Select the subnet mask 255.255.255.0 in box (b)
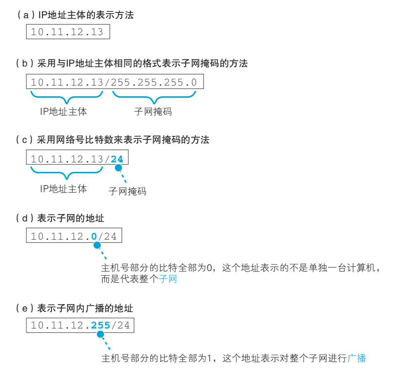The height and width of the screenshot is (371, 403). (154, 82)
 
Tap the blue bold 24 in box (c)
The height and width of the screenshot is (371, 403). (117, 159)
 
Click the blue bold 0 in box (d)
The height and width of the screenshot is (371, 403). (94, 236)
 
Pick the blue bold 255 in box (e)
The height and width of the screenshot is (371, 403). (100, 325)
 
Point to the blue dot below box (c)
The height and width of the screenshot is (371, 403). (118, 168)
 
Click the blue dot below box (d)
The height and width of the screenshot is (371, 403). (97, 245)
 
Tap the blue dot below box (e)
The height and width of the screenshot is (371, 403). (100, 334)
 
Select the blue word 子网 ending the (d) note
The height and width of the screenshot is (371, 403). (168, 279)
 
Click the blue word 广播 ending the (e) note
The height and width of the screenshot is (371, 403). (357, 358)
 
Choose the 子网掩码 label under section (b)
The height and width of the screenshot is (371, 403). (153, 112)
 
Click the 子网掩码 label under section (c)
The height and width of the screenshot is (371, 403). (128, 191)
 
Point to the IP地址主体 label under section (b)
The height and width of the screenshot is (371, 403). (64, 112)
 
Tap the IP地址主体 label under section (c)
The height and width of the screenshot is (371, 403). (64, 189)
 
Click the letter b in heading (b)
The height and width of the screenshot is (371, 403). (25, 63)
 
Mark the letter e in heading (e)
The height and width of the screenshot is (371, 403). (25, 308)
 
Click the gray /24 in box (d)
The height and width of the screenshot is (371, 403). (107, 236)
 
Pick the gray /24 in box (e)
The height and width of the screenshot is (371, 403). (120, 325)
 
